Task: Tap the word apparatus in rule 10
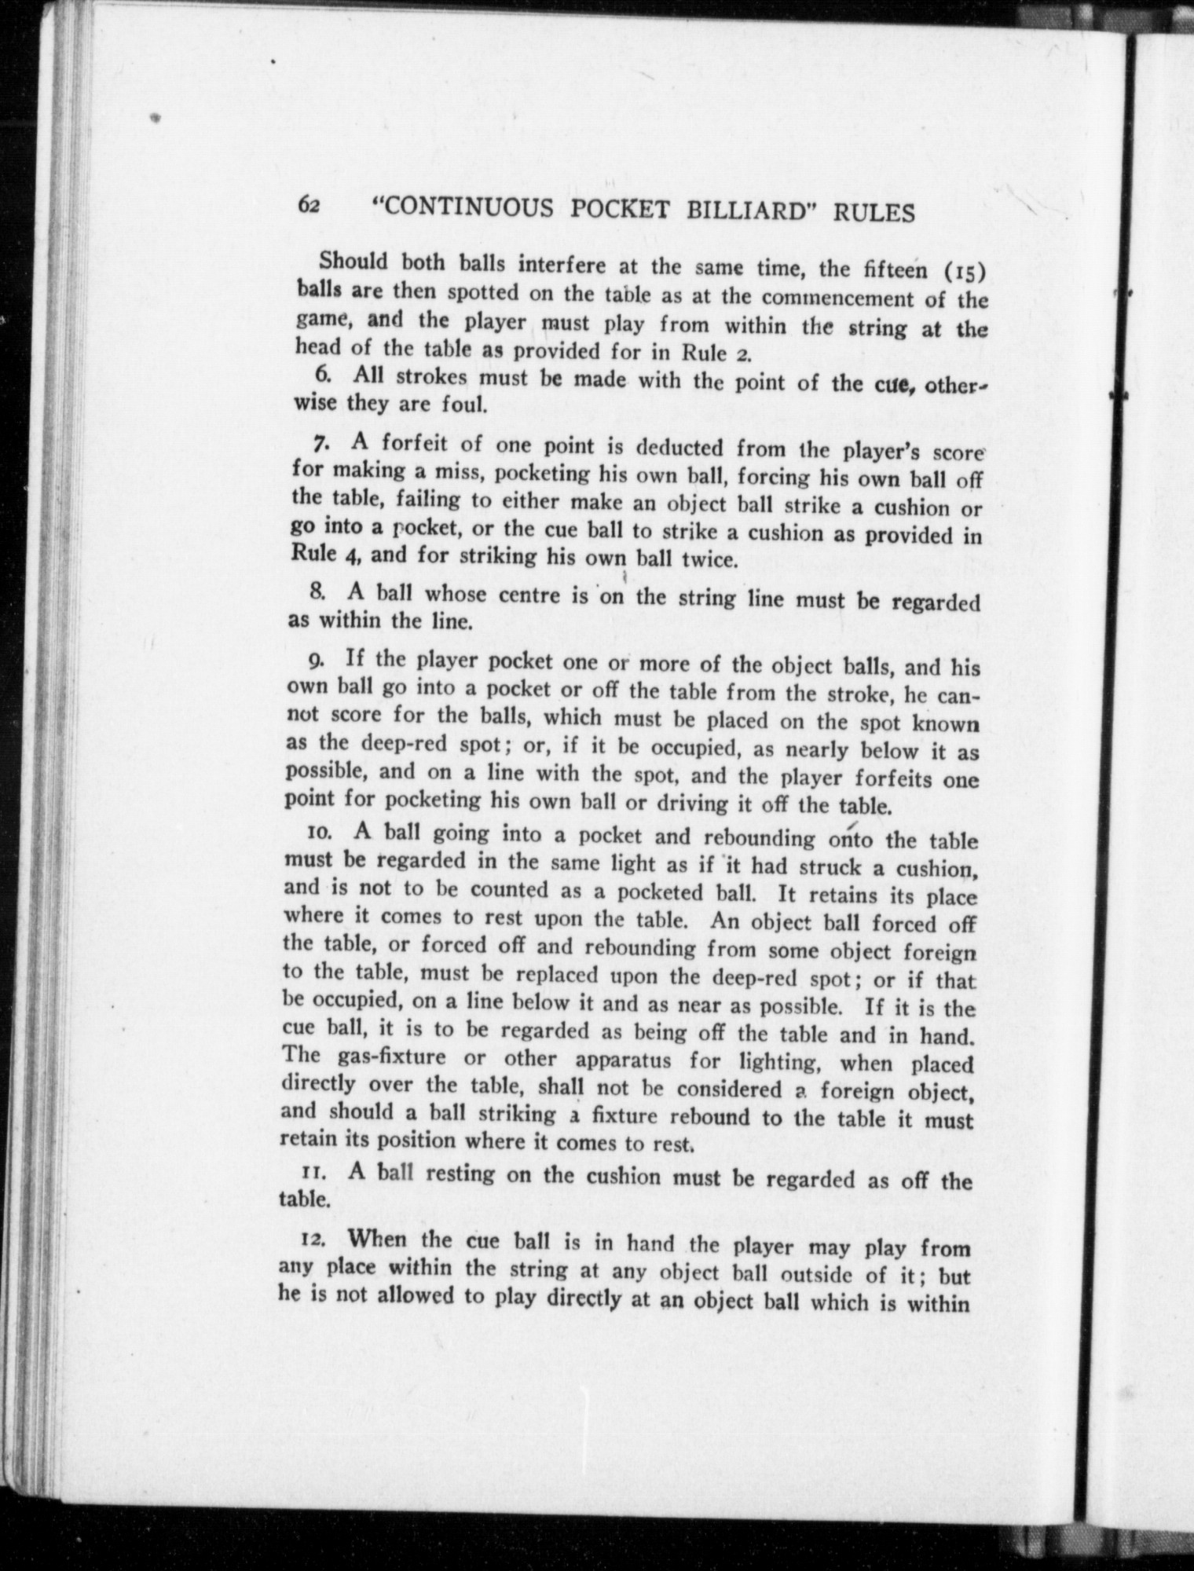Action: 623,1060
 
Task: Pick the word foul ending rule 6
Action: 467,406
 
